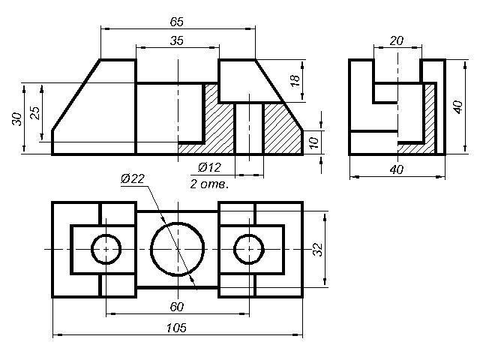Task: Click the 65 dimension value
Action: click(x=177, y=22)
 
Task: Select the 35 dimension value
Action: click(x=177, y=40)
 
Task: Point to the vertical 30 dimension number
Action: click(x=17, y=119)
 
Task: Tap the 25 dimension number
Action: click(x=35, y=112)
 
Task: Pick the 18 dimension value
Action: click(x=295, y=80)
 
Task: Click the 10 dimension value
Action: click(x=314, y=142)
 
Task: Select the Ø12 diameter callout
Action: click(x=209, y=167)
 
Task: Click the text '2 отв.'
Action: click(x=209, y=184)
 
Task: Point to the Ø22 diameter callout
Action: click(x=132, y=178)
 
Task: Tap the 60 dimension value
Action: click(x=177, y=307)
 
